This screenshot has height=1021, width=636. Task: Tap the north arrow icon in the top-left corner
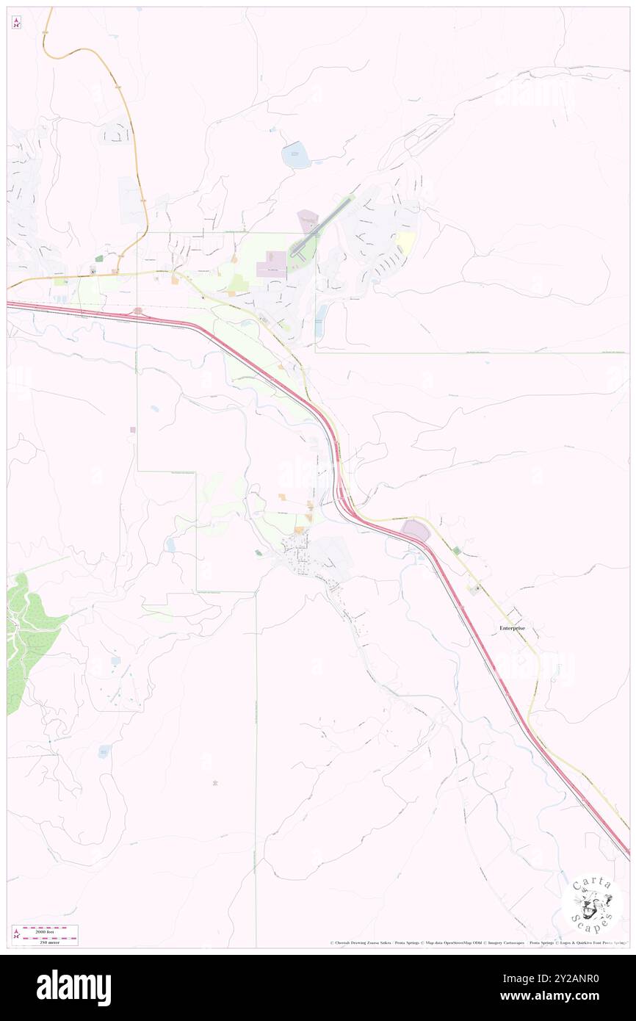coord(16,23)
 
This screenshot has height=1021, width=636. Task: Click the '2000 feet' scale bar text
coord(51,931)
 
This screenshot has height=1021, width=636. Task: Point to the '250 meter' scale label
coord(51,941)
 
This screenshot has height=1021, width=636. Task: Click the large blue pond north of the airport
coord(297,154)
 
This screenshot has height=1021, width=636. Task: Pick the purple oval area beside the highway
coord(415,530)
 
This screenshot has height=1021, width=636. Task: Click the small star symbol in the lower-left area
coord(214,783)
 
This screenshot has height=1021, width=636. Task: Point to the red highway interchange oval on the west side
coord(138,311)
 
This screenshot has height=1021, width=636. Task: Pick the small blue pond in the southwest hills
coord(104,751)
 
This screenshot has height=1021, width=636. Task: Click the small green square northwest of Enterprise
coord(457,550)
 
